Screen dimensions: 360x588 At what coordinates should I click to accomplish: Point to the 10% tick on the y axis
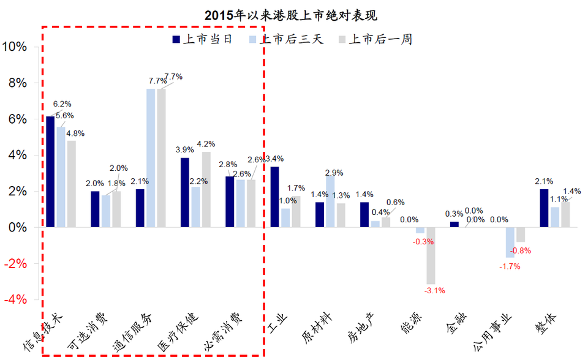pos(15,47)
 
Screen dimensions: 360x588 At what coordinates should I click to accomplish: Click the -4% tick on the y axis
pos(15,299)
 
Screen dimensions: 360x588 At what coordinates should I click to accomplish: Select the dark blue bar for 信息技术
pos(50,171)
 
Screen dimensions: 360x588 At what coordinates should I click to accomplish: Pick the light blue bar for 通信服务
pos(150,158)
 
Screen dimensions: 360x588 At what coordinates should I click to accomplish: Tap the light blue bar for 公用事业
pos(510,242)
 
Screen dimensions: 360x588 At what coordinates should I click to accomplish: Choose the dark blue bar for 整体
pos(544,208)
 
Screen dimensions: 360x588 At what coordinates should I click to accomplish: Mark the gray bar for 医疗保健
pos(206,189)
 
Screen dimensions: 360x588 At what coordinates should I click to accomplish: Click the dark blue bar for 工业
pos(274,197)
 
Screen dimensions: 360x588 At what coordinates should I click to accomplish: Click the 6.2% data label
pos(62,104)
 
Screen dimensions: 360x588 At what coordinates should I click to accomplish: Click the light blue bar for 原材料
pos(330,201)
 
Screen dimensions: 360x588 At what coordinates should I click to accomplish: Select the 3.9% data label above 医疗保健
pos(184,150)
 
